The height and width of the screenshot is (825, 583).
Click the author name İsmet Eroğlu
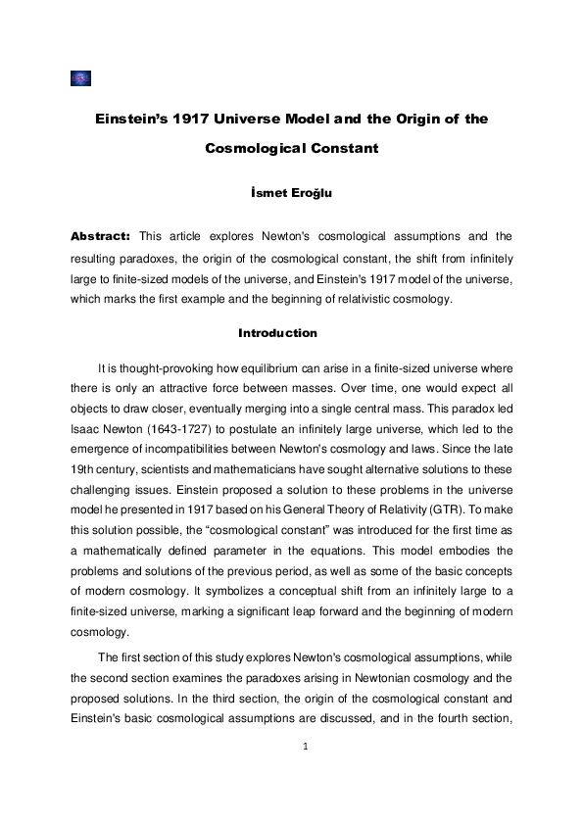(291, 193)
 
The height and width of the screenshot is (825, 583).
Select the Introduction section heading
(277, 333)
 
